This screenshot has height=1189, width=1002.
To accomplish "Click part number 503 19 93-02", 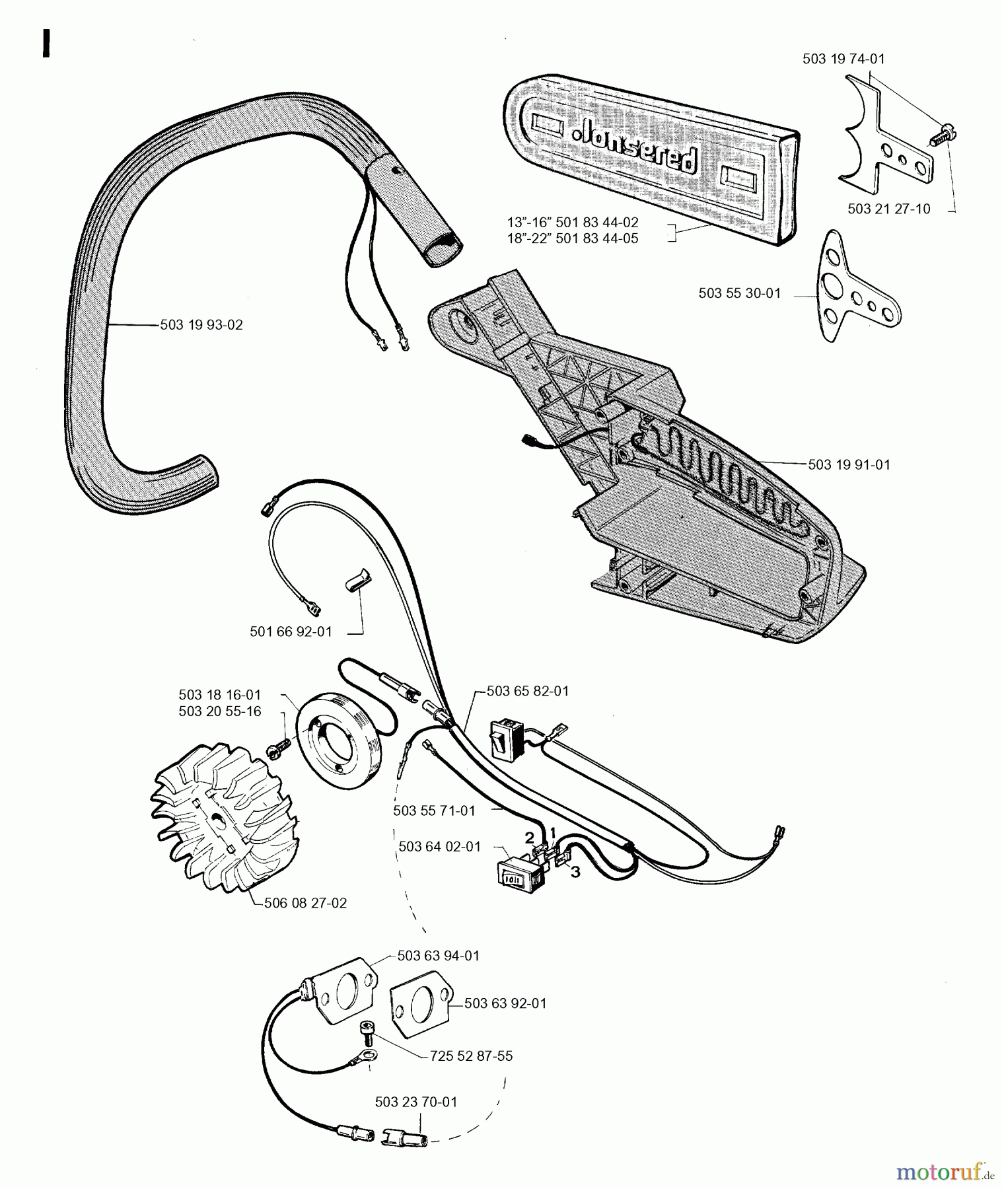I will pyautogui.click(x=201, y=325).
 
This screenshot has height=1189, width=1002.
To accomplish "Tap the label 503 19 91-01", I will pyautogui.click(x=849, y=465).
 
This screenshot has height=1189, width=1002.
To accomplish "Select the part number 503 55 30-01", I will pyautogui.click(x=739, y=293).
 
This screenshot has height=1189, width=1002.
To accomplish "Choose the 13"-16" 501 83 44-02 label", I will pyautogui.click(x=573, y=223).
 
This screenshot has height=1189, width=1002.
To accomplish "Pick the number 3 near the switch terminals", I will pyautogui.click(x=575, y=873).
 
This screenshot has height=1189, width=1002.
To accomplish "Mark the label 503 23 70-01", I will pyautogui.click(x=415, y=1102).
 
